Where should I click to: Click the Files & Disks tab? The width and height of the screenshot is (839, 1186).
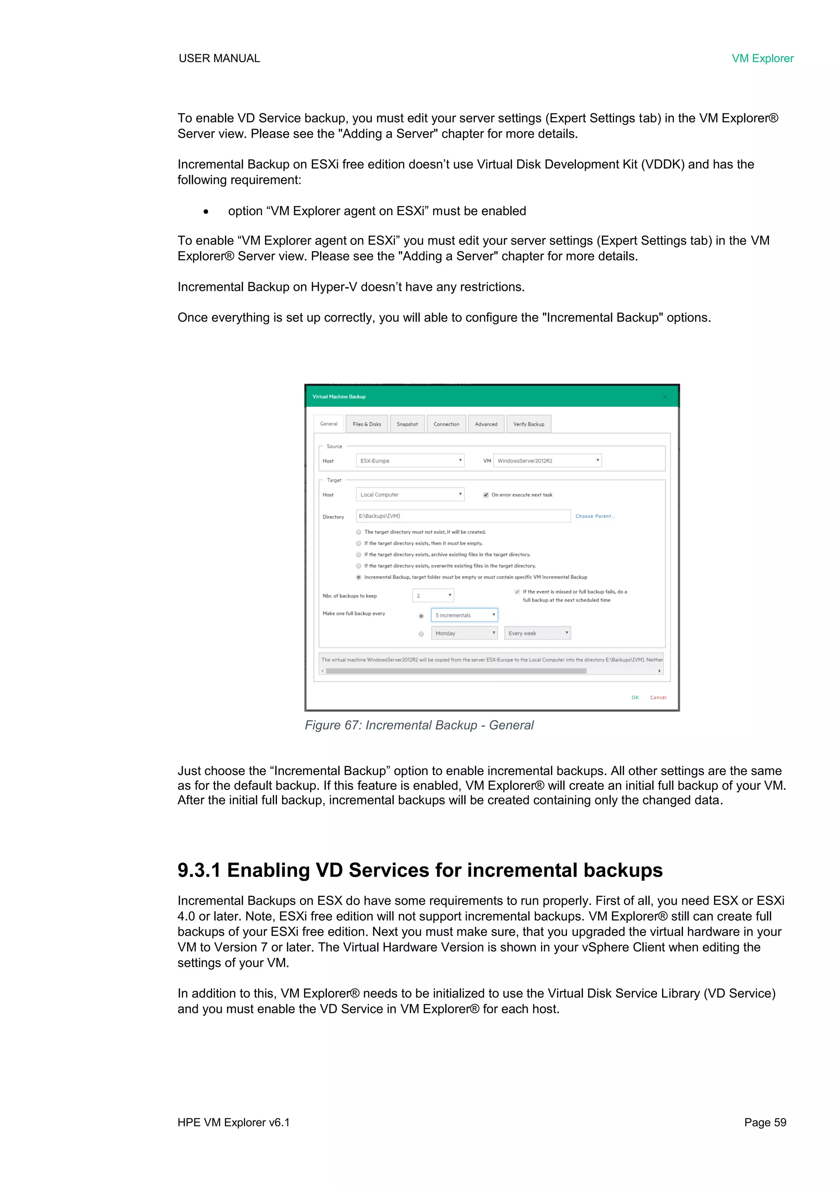click(x=367, y=424)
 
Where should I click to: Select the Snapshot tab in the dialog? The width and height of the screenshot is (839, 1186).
click(x=407, y=424)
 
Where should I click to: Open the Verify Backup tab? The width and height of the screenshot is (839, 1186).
click(x=528, y=424)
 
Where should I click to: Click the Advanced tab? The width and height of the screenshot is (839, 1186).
click(x=486, y=424)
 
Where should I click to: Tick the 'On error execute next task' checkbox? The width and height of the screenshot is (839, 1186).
click(x=485, y=495)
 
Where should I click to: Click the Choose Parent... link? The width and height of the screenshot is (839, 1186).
click(x=595, y=516)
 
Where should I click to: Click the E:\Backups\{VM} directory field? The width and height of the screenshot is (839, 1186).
click(x=463, y=516)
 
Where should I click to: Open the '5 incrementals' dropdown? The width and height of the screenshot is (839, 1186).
click(x=465, y=615)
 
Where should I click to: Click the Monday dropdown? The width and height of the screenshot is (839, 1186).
click(x=465, y=633)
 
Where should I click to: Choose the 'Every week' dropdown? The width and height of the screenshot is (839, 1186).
click(x=537, y=633)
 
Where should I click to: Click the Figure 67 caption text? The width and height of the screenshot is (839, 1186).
click(x=419, y=725)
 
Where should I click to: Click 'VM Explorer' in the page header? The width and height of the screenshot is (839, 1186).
click(x=762, y=58)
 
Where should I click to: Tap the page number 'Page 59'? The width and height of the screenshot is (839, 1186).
click(x=765, y=1123)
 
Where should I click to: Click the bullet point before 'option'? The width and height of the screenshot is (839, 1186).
click(x=206, y=211)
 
